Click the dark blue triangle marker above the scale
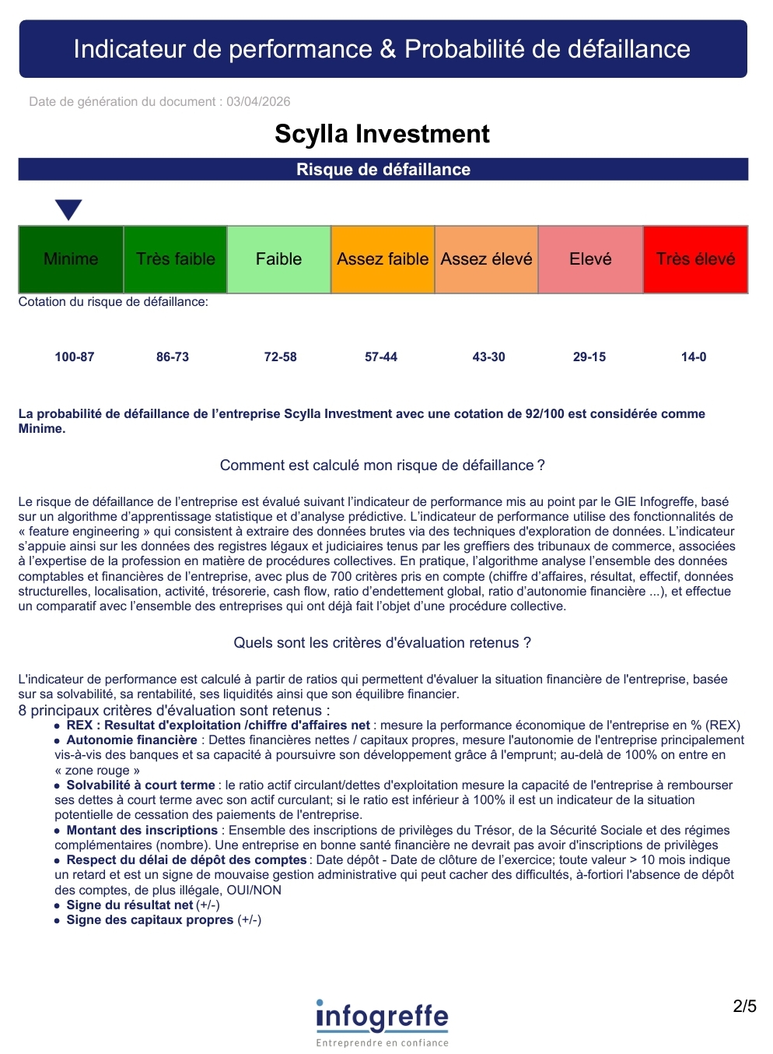[68, 209]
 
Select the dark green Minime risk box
[71, 259]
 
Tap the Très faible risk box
[175, 259]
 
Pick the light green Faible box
[278, 259]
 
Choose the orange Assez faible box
[383, 259]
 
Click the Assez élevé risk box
[486, 259]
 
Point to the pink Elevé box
[590, 259]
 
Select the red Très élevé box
[695, 259]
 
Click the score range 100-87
[75, 357]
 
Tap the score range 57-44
[381, 357]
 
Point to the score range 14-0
[694, 357]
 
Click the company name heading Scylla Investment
[382, 134]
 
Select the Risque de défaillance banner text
[383, 170]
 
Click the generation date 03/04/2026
[258, 101]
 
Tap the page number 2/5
[744, 1007]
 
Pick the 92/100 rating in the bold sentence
[544, 413]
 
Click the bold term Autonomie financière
[131, 740]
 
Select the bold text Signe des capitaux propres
[150, 919]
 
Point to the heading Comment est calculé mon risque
[382, 466]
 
